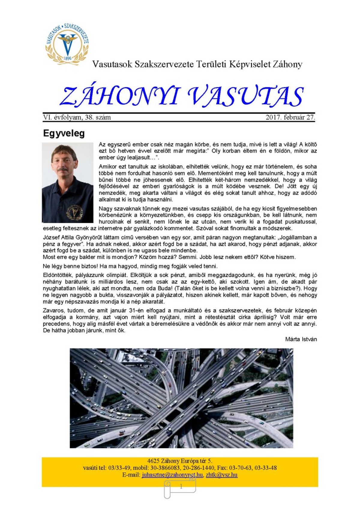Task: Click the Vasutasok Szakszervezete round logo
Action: [67, 43]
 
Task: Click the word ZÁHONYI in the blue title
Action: [120, 97]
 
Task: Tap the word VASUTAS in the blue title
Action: [246, 97]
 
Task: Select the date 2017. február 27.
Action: [290, 117]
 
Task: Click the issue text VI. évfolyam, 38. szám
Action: [77, 117]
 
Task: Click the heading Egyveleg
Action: [64, 133]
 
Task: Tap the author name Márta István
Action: [301, 339]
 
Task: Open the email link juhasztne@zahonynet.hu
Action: [172, 475]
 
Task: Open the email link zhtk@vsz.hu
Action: [221, 475]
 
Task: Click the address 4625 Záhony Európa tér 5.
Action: [179, 461]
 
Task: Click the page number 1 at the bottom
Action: [181, 487]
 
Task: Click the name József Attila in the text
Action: [55, 237]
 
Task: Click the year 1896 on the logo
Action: [67, 58]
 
